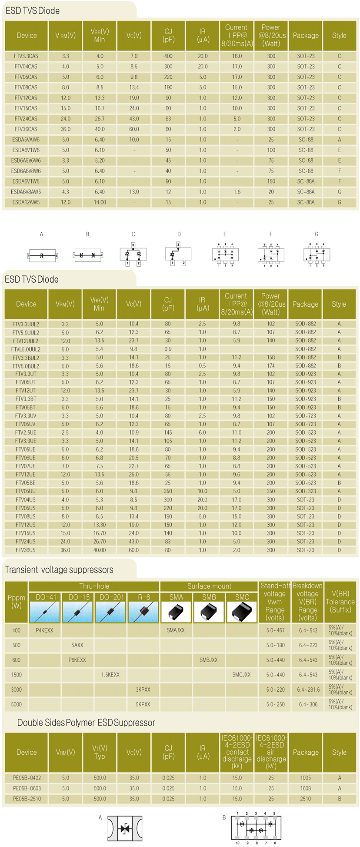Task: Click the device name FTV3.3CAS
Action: (26, 56)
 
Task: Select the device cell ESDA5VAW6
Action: (26, 140)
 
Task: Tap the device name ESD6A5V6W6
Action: (26, 161)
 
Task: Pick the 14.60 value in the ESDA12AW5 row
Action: (100, 202)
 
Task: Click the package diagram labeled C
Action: (133, 254)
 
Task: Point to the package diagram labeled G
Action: (316, 254)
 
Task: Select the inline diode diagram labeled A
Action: (42, 255)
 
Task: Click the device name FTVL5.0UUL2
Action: (26, 349)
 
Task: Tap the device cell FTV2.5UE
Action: (26, 433)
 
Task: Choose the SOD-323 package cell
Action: (305, 491)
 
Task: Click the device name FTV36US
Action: (26, 550)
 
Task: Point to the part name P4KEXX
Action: (44, 630)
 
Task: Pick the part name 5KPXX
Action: (143, 704)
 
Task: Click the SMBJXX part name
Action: (209, 660)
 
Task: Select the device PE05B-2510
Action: (27, 799)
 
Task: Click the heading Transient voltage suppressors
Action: (59, 570)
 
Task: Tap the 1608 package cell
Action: (305, 788)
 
